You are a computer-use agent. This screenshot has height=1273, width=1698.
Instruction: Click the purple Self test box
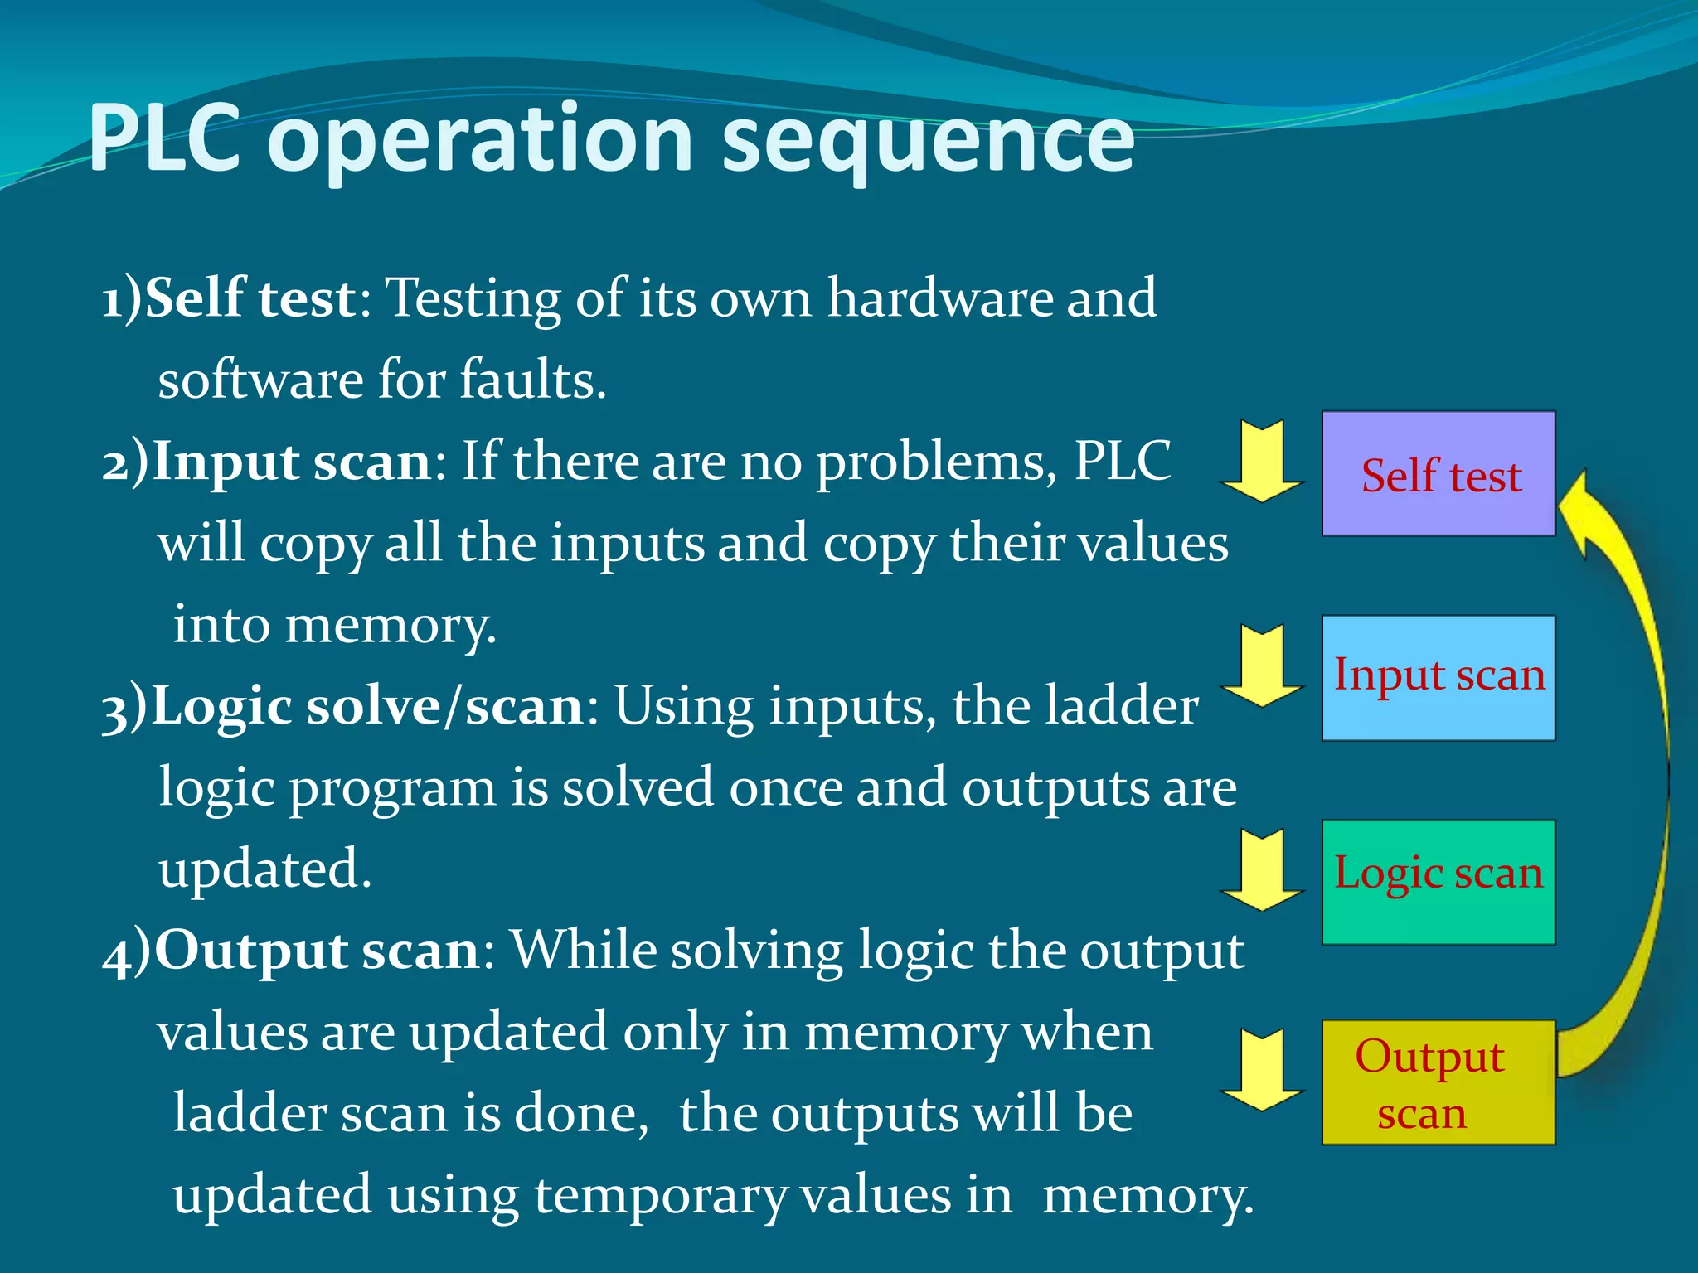(x=1438, y=474)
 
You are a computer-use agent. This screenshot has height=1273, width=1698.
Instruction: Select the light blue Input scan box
(x=1438, y=678)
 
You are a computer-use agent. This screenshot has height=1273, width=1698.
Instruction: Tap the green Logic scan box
(x=1438, y=882)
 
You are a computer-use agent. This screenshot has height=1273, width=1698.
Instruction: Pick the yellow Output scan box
(x=1438, y=1082)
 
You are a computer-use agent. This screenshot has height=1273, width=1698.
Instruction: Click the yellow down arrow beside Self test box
(x=1262, y=462)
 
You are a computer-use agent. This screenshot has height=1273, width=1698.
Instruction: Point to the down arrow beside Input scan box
(x=1262, y=666)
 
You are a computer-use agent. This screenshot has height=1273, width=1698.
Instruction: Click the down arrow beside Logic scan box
(x=1262, y=870)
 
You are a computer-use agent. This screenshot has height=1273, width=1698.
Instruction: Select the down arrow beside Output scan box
(x=1262, y=1071)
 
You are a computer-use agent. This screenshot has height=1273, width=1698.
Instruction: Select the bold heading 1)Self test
(x=229, y=298)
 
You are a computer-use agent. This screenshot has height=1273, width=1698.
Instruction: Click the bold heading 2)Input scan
(x=266, y=462)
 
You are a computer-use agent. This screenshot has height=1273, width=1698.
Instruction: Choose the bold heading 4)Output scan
(x=291, y=951)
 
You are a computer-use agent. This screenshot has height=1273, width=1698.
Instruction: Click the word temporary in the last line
(x=660, y=1197)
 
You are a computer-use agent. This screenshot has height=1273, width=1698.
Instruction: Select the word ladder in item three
(x=1120, y=707)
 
